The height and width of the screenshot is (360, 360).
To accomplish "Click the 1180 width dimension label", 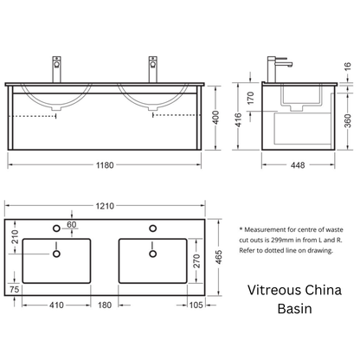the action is [105, 165].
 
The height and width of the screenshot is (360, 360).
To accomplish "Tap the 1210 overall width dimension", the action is [105, 206].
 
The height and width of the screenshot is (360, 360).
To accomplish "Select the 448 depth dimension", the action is [298, 165].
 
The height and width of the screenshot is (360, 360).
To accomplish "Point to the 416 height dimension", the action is [238, 120].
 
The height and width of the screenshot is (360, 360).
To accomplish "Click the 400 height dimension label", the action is [216, 118].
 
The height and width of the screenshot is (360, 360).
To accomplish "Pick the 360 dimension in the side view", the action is [348, 121].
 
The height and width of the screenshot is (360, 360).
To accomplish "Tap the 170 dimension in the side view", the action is [251, 98].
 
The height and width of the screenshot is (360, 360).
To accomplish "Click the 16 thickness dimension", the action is [348, 67].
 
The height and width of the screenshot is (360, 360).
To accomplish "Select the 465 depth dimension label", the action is [218, 257].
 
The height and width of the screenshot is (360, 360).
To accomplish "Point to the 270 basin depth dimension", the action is [196, 260].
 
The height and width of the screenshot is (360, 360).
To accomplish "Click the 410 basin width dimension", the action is [56, 305].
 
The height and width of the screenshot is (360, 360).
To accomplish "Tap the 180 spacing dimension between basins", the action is [105, 305].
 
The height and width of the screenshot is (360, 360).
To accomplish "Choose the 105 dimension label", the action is [196, 305].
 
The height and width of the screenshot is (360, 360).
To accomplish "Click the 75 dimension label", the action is [14, 289].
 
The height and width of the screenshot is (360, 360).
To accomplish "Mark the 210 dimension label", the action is [14, 237].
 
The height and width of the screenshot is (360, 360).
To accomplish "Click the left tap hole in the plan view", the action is [56, 228].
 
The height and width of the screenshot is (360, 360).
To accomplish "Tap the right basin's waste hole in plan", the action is [153, 254].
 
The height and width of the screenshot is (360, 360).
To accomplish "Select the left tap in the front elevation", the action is [57, 69].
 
